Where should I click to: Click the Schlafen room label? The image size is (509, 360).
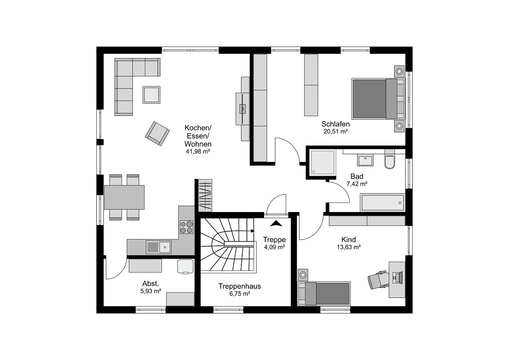(x=336, y=124)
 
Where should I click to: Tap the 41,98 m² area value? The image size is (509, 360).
(x=198, y=152)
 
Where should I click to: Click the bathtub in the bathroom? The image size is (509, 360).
(x=382, y=202)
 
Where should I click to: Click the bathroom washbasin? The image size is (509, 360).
(x=365, y=160)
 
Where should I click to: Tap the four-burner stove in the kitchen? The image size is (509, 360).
(x=187, y=227)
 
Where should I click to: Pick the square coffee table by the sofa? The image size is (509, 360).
(x=152, y=95)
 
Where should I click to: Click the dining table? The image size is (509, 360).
(x=124, y=197)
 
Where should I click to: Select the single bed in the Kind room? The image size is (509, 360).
(x=324, y=294)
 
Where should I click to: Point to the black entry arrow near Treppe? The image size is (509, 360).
(x=276, y=224)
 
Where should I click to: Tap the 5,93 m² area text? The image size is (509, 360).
(x=151, y=291)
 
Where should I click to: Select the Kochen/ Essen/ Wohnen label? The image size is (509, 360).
(x=198, y=136)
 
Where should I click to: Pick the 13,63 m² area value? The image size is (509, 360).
(x=348, y=247)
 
